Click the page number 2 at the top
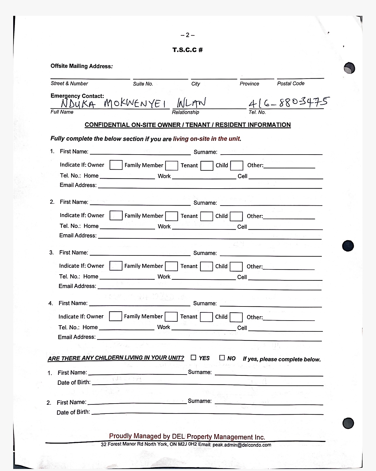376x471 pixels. coord(188,35)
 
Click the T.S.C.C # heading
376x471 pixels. coord(188,50)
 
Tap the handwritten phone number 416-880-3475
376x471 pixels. coord(288,103)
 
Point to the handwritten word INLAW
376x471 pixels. coord(191,103)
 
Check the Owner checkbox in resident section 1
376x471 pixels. coord(116,165)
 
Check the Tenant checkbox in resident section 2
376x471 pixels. coord(207,216)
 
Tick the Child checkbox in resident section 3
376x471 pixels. coord(236,267)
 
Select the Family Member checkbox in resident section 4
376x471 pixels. coord(171,317)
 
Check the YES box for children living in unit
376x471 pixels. coord(193,358)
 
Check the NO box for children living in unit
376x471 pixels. coord(222,358)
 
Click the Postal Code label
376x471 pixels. coord(291,84)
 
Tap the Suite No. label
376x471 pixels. coord(143,84)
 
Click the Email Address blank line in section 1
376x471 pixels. coord(210,186)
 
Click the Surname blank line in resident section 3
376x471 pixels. coord(270,254)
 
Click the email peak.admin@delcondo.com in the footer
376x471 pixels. coord(242,445)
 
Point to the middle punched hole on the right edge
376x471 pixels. coord(348,245)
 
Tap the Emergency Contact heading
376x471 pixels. coord(77,96)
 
